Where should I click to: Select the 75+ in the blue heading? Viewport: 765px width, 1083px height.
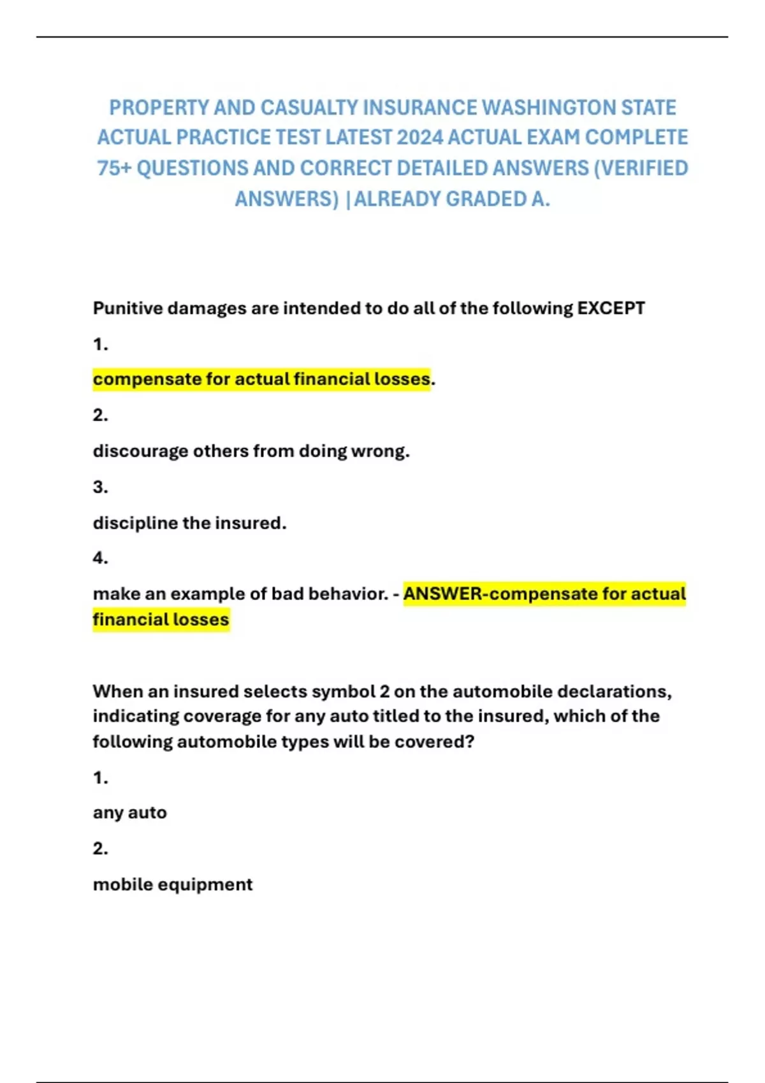tap(114, 168)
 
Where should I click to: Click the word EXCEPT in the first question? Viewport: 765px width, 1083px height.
tap(611, 308)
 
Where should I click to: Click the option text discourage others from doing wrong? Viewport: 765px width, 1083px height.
tap(251, 451)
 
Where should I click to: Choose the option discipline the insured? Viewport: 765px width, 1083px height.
tap(189, 523)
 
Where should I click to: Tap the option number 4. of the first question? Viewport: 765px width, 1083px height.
tap(100, 558)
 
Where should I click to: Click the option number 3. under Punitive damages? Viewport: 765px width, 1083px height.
tap(100, 487)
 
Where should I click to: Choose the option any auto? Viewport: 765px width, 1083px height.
tap(129, 813)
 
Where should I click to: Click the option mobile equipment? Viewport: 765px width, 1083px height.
tap(173, 884)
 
